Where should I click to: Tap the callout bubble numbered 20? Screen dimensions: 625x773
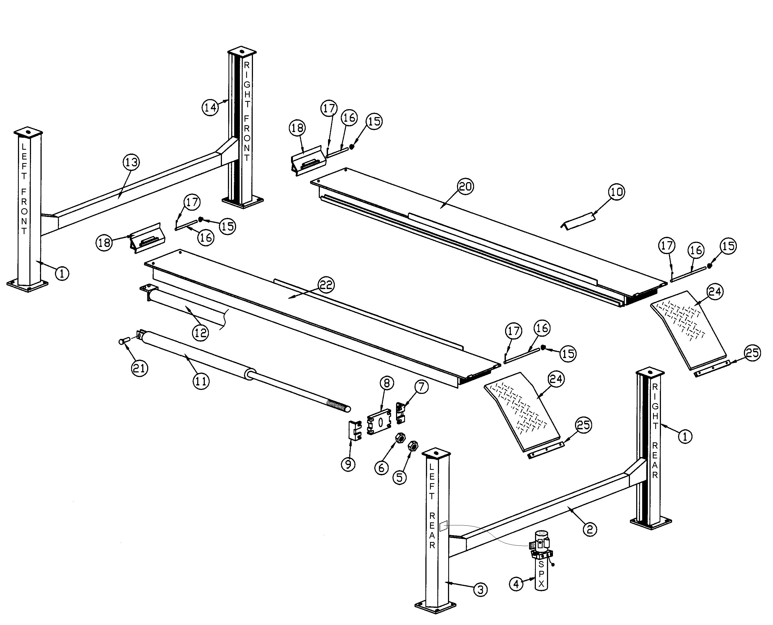coord(465,186)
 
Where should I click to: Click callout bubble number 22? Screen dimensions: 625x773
coord(326,285)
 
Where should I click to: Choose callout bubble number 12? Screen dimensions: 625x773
coord(200,332)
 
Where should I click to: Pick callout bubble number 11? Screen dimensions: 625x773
coord(201,381)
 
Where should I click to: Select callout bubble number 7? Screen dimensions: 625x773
coord(422,387)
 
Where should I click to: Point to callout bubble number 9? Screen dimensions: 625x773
coord(348,464)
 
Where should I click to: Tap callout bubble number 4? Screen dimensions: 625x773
coord(517,584)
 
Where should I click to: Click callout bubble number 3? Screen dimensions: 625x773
coord(480,589)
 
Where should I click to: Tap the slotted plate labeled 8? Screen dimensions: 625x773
coord(379,422)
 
